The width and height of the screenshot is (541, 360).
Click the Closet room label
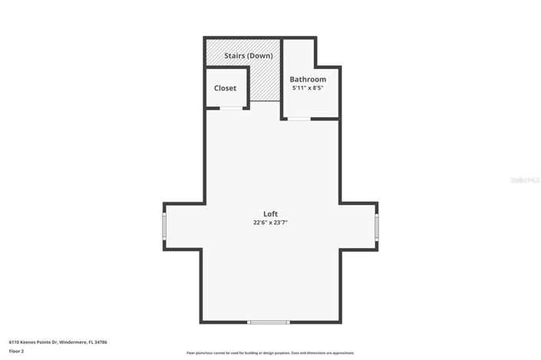(x=225, y=88)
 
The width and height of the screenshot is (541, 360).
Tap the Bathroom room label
(x=308, y=79)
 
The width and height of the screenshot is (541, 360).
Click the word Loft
(x=270, y=213)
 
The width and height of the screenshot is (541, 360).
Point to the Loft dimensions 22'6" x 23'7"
(x=270, y=223)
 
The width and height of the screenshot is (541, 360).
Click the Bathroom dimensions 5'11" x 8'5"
(x=308, y=88)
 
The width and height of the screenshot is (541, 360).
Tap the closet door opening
(x=230, y=108)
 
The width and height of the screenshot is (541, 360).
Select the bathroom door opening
(x=299, y=118)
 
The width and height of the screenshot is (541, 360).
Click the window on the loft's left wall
(x=163, y=226)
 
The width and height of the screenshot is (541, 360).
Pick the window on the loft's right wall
(x=376, y=227)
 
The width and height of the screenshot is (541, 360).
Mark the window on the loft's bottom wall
(x=269, y=322)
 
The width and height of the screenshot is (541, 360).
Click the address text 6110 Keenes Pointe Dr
(x=35, y=342)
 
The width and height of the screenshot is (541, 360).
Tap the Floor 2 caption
(x=17, y=351)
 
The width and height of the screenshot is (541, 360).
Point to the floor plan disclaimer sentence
(x=270, y=353)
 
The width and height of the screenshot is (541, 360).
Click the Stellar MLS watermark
(x=525, y=180)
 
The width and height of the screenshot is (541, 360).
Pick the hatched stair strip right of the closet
(x=265, y=83)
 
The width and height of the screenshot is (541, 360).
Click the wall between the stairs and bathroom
(x=282, y=77)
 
